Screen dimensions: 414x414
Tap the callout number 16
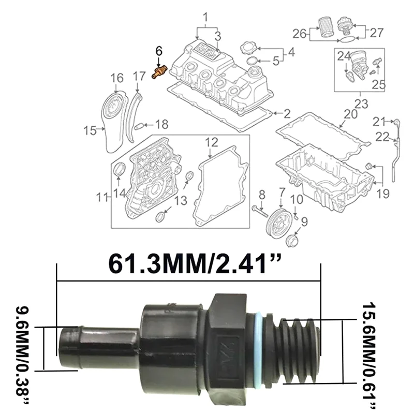pos(117,78)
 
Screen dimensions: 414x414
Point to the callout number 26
pos(300,34)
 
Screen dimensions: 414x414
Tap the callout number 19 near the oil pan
pos(382,195)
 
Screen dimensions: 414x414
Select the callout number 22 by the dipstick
pos(382,137)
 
